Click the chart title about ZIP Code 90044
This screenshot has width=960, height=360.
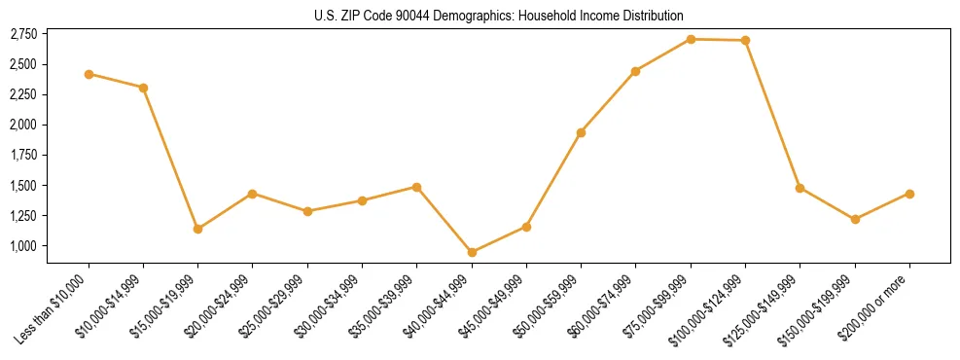coord(499,16)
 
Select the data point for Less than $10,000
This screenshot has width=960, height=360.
coord(89,74)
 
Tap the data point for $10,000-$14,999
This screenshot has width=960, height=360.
coord(143,88)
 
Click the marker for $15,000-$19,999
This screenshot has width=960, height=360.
coord(197,229)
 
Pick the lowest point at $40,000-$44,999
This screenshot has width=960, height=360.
coord(472,252)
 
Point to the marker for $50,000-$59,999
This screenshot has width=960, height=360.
coord(581,132)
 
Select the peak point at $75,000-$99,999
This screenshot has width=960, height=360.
coord(691,39)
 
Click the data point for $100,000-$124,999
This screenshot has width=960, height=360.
coord(745,41)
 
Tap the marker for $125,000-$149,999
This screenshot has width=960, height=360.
coord(800,188)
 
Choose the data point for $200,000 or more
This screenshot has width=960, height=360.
coord(909,194)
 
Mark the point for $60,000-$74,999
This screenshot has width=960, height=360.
coord(635,71)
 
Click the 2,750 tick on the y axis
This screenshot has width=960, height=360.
coord(23,34)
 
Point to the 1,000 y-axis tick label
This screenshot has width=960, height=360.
coord(23,246)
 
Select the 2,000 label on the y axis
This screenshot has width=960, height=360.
coord(23,125)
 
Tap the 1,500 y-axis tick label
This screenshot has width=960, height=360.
coord(23,186)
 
